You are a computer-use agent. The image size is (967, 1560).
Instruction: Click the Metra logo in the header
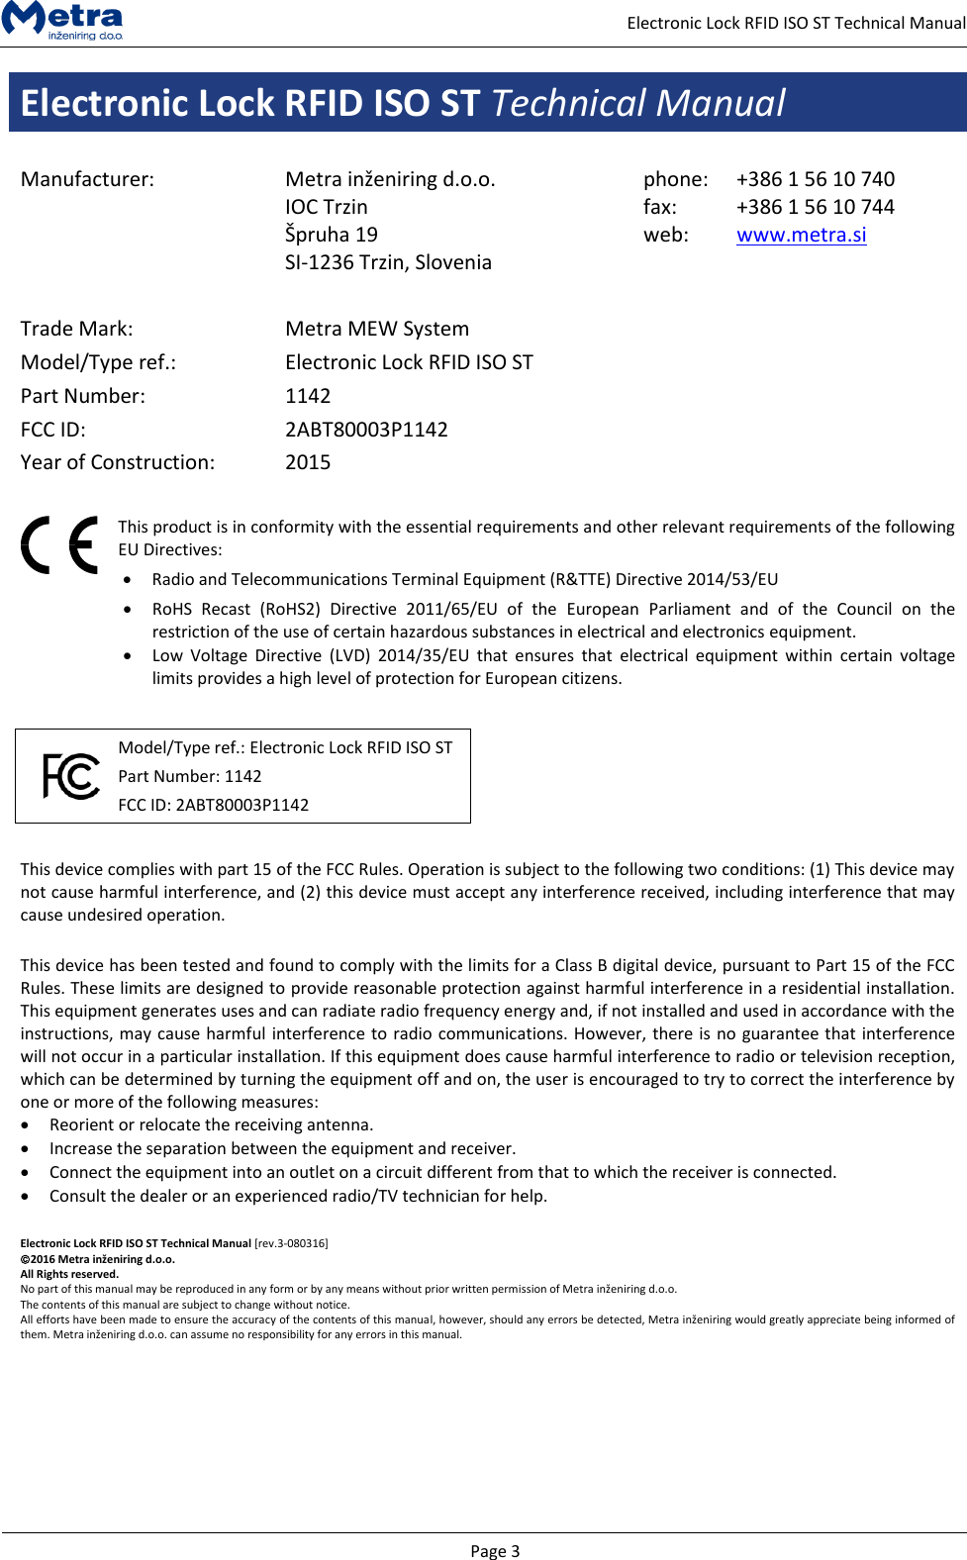point(62,20)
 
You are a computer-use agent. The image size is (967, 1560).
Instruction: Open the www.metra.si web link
point(801,235)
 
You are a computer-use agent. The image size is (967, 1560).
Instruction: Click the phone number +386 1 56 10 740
point(815,179)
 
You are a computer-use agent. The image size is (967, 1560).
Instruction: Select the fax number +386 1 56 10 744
point(815,207)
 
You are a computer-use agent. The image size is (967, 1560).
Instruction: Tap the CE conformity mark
point(59,544)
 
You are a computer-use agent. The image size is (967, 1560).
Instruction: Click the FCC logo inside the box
point(71,776)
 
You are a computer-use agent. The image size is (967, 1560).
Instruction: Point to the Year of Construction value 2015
point(308,462)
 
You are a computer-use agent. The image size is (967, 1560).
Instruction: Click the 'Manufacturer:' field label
point(87,179)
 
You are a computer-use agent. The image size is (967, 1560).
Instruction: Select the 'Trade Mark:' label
point(76,329)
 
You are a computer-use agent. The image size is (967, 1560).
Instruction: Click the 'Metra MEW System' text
point(377,329)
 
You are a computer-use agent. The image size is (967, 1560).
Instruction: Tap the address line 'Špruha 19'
point(331,235)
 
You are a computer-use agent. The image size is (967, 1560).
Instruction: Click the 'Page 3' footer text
point(495,1551)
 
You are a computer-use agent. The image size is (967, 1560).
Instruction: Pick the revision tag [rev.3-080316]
point(291,1243)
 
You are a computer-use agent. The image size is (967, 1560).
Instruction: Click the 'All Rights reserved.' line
point(69,1274)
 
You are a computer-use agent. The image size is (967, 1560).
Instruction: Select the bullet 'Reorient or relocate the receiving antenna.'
point(211,1124)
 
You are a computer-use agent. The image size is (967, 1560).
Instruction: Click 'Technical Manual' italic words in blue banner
point(638,103)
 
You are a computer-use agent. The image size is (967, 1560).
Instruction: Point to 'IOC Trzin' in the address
point(326,207)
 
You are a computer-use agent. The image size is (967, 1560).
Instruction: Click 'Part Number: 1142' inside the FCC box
point(190,776)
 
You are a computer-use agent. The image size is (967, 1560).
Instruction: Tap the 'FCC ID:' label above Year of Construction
point(53,430)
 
